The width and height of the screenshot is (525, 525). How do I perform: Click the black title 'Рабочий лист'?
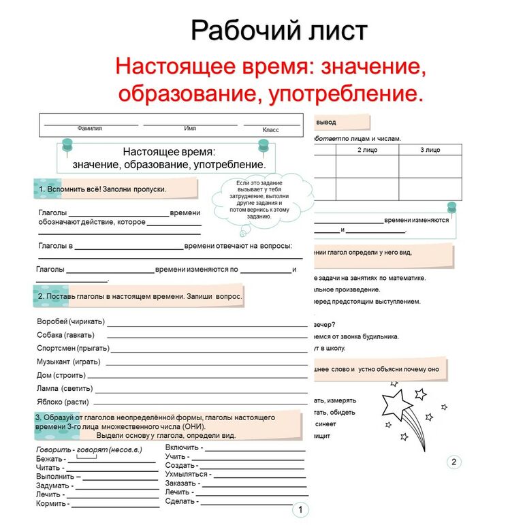[279, 31]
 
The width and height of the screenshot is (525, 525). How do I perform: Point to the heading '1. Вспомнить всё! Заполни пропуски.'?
[103, 189]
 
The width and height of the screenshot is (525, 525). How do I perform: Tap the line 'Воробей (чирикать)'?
[70, 321]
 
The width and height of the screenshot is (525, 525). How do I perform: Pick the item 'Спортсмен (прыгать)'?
[72, 348]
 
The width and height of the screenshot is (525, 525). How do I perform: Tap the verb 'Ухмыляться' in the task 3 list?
[186, 474]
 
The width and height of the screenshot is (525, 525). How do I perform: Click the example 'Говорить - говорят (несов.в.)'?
[89, 450]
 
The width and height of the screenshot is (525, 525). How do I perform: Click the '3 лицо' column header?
[430, 150]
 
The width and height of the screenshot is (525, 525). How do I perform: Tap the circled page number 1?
[300, 510]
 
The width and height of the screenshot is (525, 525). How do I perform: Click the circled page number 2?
[454, 462]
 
